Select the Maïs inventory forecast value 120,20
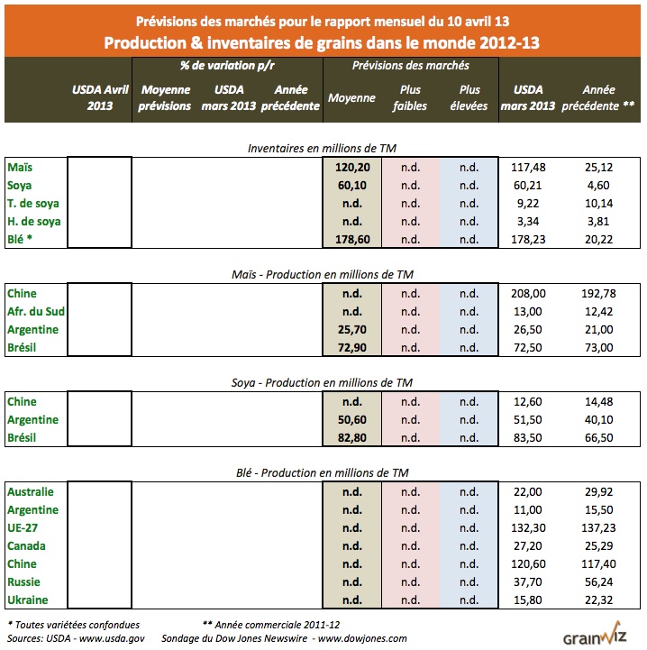351,168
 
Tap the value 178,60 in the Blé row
351,240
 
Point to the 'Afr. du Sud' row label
35,312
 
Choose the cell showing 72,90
351,348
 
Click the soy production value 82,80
351,438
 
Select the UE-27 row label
22,528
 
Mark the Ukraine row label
28,600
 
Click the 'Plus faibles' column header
411,97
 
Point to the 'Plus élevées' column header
469,97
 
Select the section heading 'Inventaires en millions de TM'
323,148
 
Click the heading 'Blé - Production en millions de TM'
323,472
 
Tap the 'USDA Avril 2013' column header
99,97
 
